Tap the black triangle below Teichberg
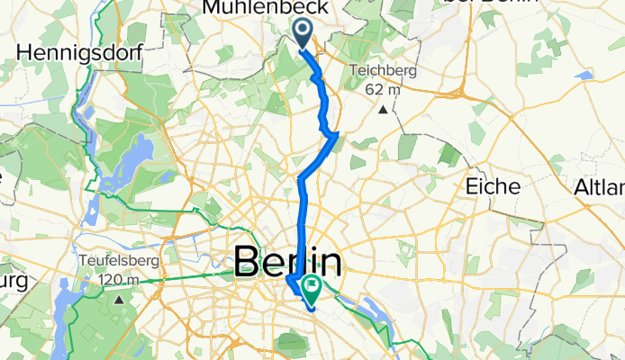pos(383,110)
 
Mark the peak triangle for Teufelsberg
pos(118,297)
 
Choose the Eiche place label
pos(494,186)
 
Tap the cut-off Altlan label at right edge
pos(600,187)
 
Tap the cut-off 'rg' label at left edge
pos(13,282)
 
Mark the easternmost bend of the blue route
pos(336,136)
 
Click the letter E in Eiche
pos(471,186)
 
